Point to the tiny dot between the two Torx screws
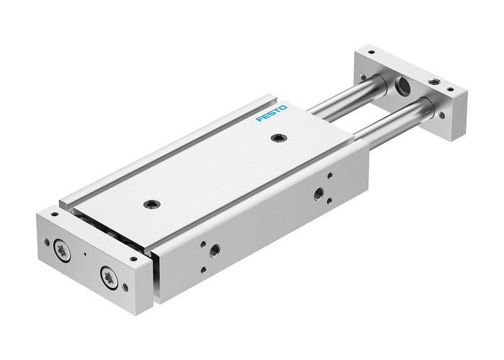click(85, 253)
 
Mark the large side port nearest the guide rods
click(318, 193)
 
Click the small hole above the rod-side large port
click(329, 175)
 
